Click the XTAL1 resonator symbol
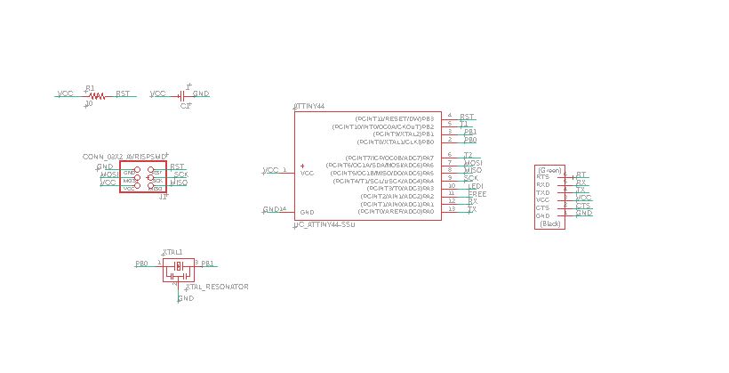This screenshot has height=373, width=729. point(178,265)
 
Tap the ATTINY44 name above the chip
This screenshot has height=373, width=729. point(309,106)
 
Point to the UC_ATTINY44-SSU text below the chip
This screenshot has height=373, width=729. point(325,226)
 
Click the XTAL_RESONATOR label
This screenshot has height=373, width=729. point(217,287)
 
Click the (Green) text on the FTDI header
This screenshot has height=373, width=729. point(549,170)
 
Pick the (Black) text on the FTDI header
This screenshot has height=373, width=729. point(550,224)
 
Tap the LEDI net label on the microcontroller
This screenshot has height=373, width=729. point(476,186)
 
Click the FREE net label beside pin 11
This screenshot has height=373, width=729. point(477,193)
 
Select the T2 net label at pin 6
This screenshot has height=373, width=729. point(468,155)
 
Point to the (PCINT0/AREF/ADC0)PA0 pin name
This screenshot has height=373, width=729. point(396,212)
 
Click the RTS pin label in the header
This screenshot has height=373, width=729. point(542,177)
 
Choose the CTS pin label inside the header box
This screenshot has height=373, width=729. point(542,208)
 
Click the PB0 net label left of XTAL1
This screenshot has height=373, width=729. point(141,264)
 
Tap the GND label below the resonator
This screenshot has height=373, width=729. point(186,298)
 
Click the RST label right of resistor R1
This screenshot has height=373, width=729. point(123,93)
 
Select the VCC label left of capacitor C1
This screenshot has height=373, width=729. point(158,93)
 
